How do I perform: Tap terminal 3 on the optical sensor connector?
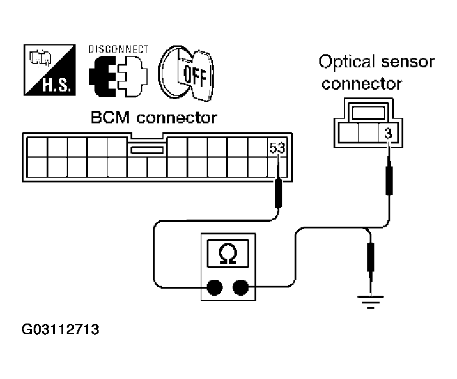(x=387, y=133)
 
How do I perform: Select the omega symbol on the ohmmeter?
(x=227, y=254)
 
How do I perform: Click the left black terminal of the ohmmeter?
(x=214, y=287)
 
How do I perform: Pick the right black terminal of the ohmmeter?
(x=240, y=287)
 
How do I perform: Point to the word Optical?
(x=345, y=61)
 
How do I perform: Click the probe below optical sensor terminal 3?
(x=388, y=179)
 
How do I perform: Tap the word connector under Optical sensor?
(x=361, y=83)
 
